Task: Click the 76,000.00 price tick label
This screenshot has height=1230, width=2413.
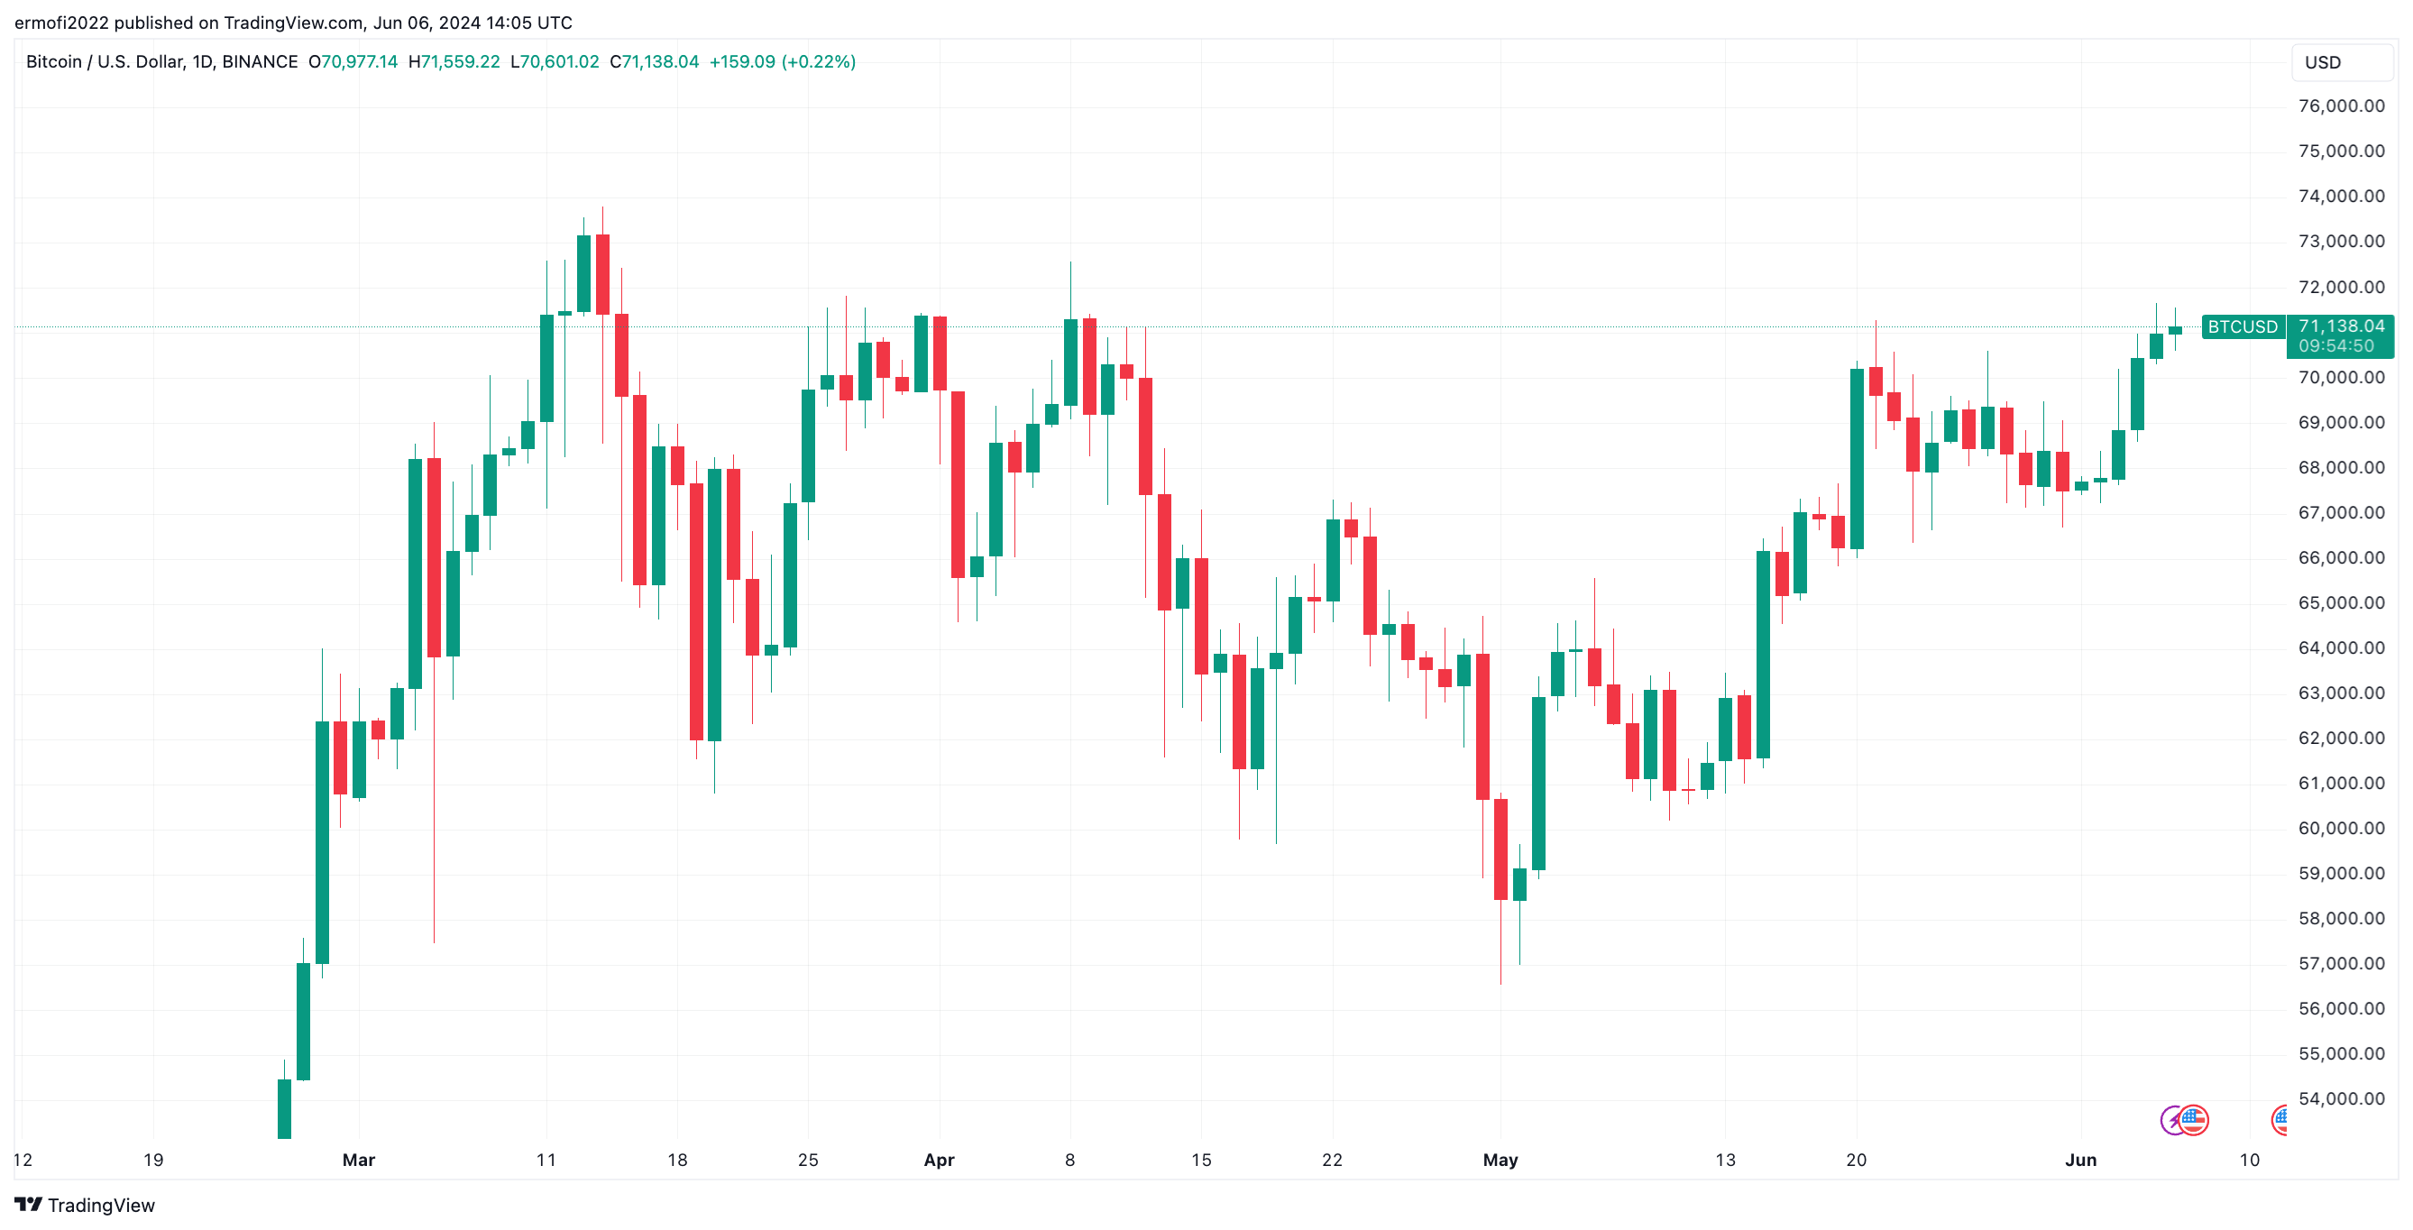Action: click(2340, 106)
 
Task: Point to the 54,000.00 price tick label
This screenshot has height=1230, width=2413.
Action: click(2340, 1098)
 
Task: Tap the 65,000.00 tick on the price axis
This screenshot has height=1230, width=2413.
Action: click(2340, 602)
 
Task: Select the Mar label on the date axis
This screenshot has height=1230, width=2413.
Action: click(359, 1160)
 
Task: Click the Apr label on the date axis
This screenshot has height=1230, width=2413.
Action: click(939, 1160)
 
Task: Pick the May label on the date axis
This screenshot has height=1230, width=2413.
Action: click(1500, 1160)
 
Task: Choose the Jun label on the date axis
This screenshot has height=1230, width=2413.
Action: click(2080, 1160)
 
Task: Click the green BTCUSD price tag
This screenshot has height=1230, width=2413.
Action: click(2242, 327)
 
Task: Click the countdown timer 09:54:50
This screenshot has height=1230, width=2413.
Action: click(2336, 346)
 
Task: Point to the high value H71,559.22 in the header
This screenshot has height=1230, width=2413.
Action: click(454, 62)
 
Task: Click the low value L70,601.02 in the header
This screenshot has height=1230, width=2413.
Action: click(555, 62)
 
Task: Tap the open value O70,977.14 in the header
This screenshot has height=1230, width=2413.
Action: click(353, 62)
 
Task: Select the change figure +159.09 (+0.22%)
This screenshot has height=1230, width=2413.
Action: click(782, 62)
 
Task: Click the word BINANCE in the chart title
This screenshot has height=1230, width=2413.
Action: click(260, 62)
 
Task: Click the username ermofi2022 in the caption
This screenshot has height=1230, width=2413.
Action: click(61, 23)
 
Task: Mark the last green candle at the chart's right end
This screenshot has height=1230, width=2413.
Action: click(2175, 330)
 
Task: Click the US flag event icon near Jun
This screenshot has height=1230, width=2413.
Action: click(2193, 1119)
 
